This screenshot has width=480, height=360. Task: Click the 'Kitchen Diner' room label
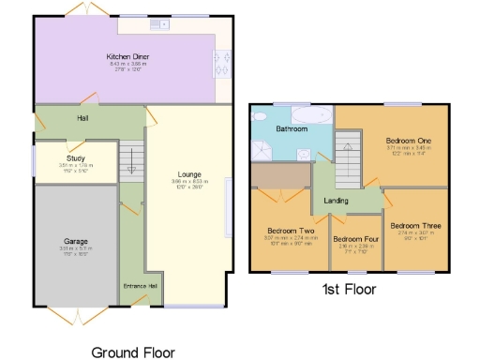[127, 56]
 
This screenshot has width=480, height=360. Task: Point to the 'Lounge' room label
[195, 172]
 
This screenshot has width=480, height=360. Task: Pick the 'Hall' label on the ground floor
[56, 118]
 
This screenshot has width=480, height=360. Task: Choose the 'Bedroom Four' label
[355, 239]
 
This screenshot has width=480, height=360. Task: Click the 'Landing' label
[337, 200]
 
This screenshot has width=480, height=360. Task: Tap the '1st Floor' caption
[350, 290]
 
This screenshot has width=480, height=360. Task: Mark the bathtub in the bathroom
[306, 117]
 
